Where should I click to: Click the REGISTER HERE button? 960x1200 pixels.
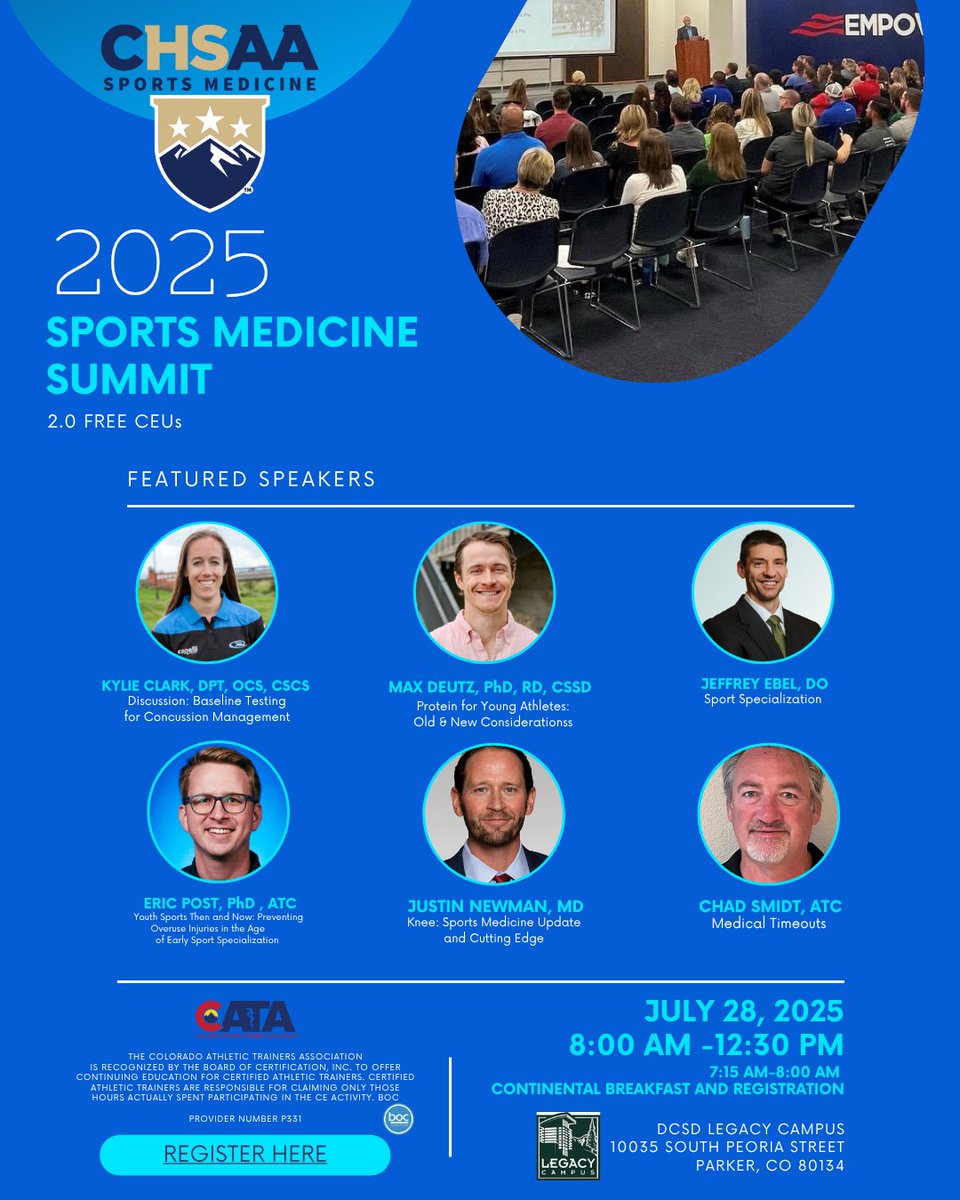point(245,1154)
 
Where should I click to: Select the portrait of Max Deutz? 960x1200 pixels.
point(484,592)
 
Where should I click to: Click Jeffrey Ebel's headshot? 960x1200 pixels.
point(762,592)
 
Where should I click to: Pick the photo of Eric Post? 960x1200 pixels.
point(218,811)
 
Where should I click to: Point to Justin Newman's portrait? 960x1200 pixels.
point(494,811)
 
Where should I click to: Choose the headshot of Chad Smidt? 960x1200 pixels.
point(768,813)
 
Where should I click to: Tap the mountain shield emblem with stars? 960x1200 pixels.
point(210,151)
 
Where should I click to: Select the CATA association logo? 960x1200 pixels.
point(245,1018)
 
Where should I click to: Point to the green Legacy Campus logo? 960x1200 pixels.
point(568,1145)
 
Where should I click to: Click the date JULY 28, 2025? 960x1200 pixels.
point(744,1011)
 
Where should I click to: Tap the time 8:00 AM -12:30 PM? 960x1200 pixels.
point(706,1045)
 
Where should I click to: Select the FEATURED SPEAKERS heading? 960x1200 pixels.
point(252,479)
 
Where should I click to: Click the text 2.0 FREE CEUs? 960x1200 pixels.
point(114,421)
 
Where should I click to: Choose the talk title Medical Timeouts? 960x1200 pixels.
point(769,923)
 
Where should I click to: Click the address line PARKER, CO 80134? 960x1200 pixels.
point(770,1165)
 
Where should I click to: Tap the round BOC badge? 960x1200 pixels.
point(399,1119)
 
